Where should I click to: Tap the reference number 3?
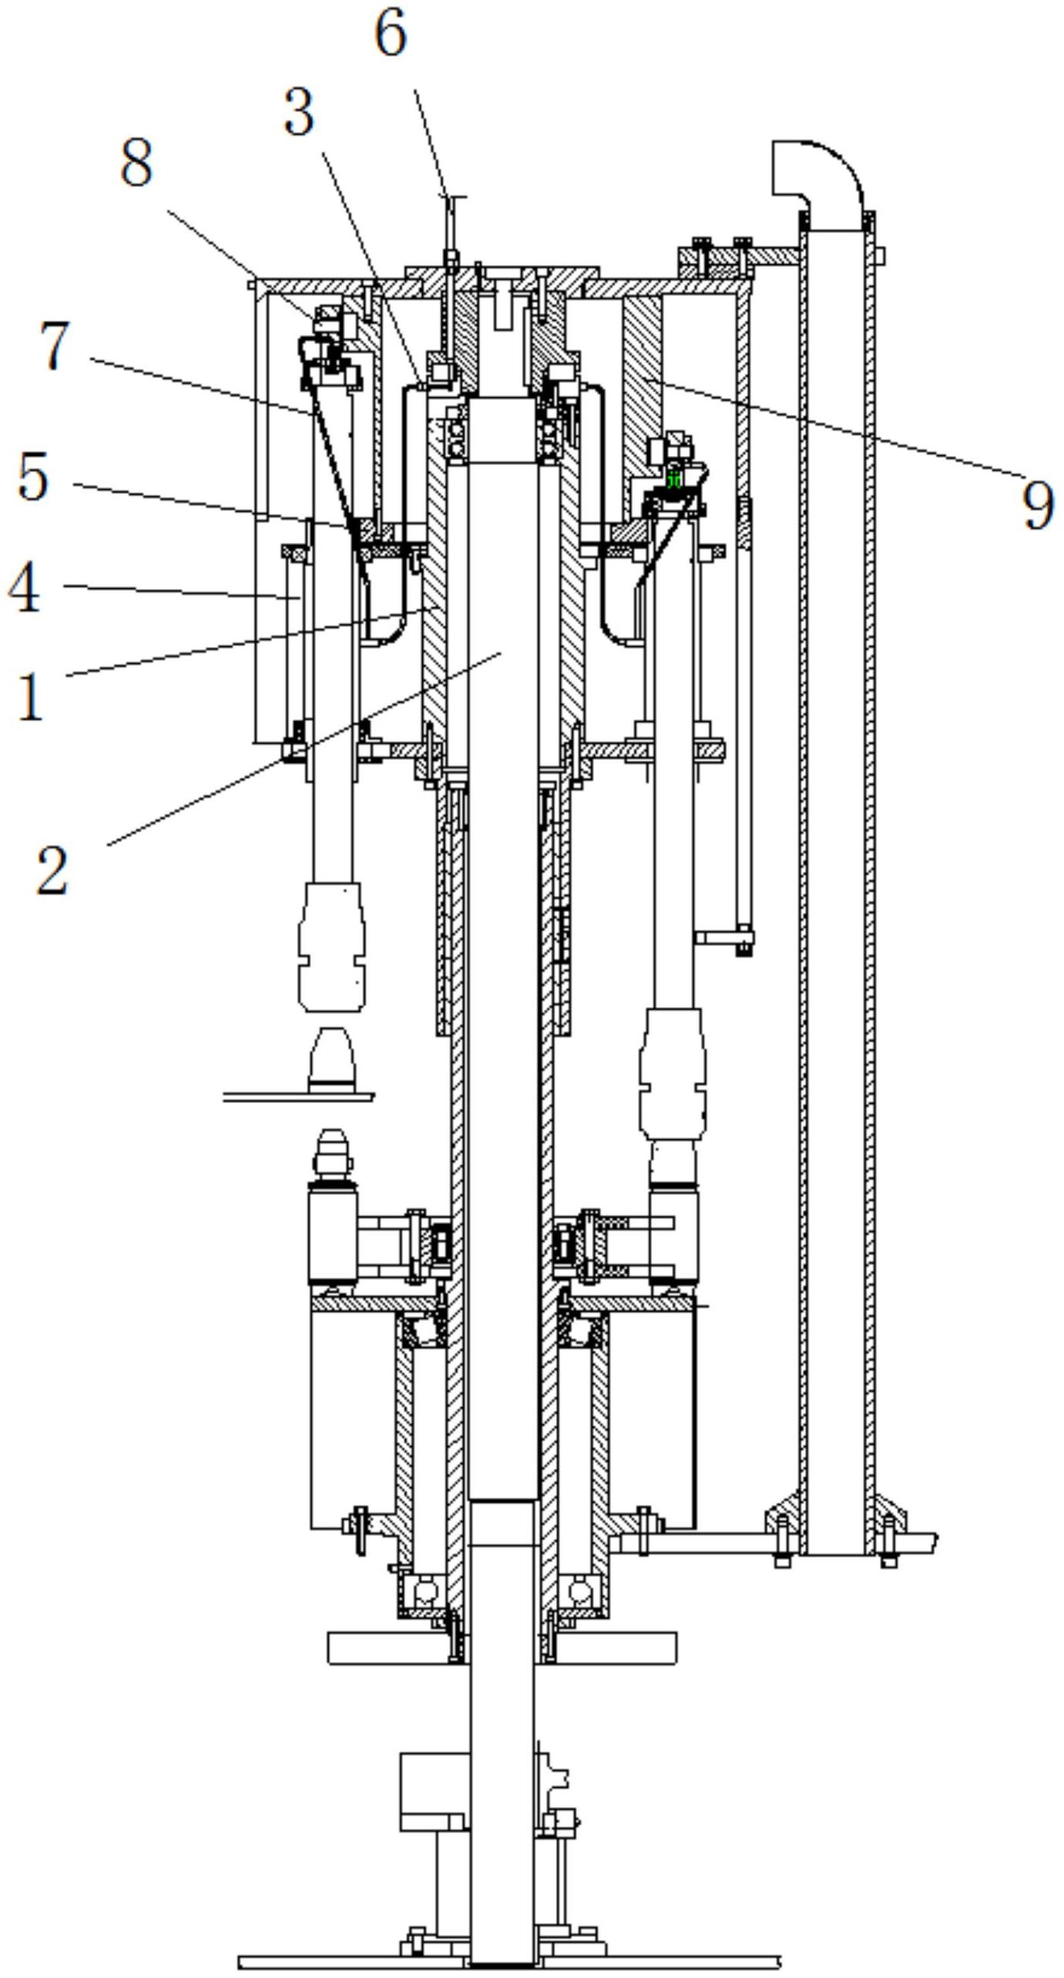[x=299, y=113]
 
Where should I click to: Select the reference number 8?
[x=136, y=163]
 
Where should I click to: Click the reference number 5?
[x=32, y=477]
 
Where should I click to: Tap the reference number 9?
[x=1038, y=504]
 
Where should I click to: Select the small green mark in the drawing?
[x=674, y=479]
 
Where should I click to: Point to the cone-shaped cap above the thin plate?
[x=332, y=1060]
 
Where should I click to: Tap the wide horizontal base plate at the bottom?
[x=509, y=1962]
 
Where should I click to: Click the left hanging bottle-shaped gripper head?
[x=332, y=946]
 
